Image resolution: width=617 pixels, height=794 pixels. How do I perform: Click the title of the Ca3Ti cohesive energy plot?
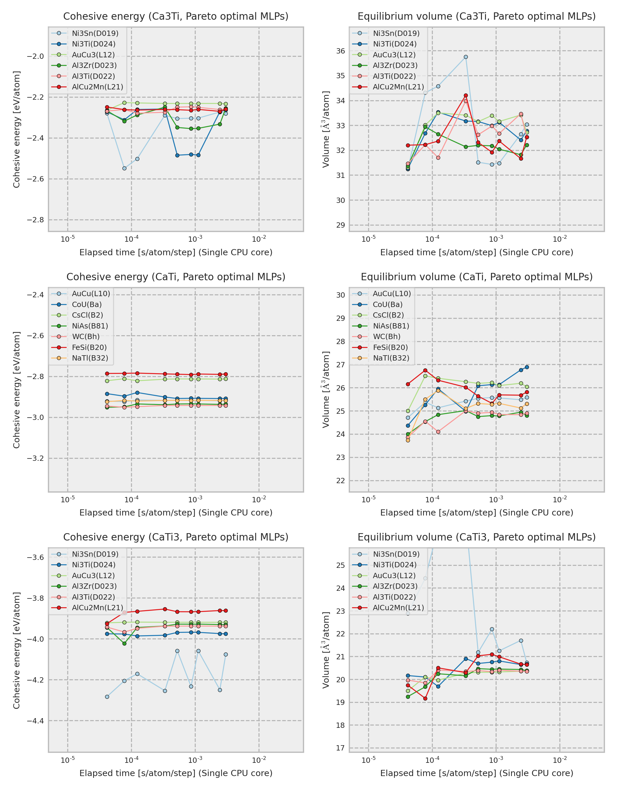click(x=176, y=17)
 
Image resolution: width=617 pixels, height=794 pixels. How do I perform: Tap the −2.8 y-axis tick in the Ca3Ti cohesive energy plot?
click(x=35, y=220)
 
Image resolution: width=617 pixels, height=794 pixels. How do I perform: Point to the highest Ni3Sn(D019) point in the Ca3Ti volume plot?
click(x=466, y=57)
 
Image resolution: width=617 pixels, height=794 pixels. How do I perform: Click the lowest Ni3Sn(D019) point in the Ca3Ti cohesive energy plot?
click(x=124, y=168)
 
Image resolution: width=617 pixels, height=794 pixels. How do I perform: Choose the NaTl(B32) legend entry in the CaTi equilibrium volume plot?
click(x=391, y=358)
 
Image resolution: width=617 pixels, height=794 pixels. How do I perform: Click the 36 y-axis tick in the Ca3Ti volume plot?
click(x=340, y=51)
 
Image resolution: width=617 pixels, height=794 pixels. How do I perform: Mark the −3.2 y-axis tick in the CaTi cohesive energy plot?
click(x=35, y=458)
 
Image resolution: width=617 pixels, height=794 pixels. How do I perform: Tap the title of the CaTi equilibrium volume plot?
click(x=477, y=277)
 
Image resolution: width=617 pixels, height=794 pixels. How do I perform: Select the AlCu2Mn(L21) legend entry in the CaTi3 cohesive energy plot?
click(x=97, y=608)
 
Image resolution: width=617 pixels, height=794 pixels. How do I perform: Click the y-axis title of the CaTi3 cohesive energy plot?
click(x=16, y=650)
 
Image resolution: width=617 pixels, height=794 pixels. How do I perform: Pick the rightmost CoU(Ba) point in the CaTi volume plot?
click(x=527, y=367)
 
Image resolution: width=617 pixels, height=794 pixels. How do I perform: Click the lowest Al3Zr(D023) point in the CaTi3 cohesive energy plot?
click(x=124, y=643)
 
